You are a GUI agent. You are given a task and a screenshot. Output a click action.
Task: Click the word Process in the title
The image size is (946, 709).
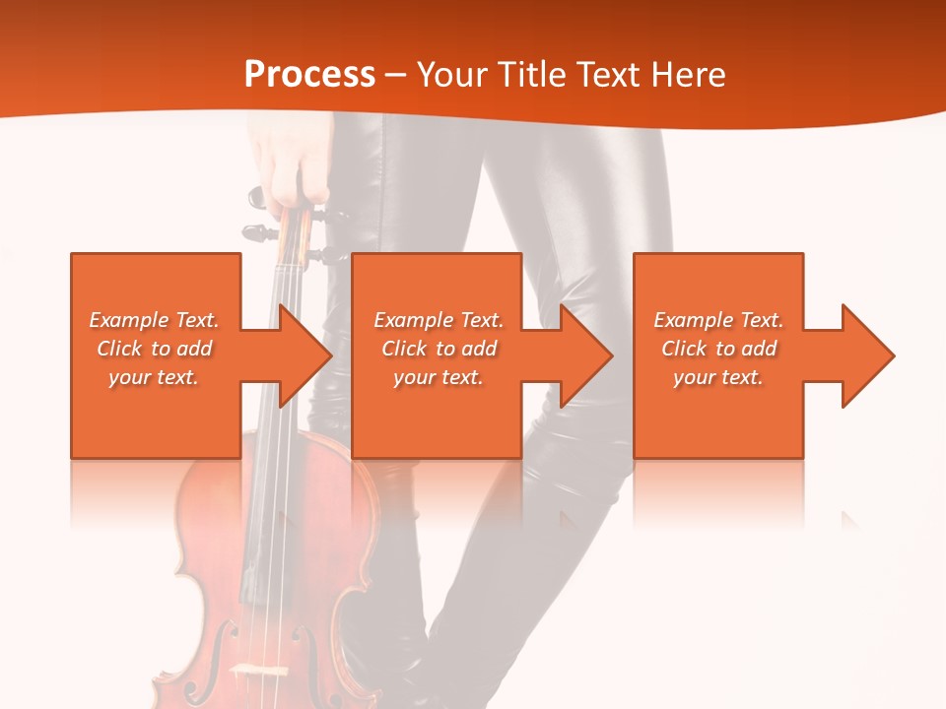(309, 75)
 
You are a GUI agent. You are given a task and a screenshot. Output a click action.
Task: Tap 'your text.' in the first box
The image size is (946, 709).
(154, 377)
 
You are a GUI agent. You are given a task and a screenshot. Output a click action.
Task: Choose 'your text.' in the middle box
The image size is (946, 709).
(438, 377)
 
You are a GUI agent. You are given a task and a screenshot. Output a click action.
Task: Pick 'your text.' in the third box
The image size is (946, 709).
(718, 377)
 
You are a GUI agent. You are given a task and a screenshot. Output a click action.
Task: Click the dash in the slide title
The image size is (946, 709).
(396, 75)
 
